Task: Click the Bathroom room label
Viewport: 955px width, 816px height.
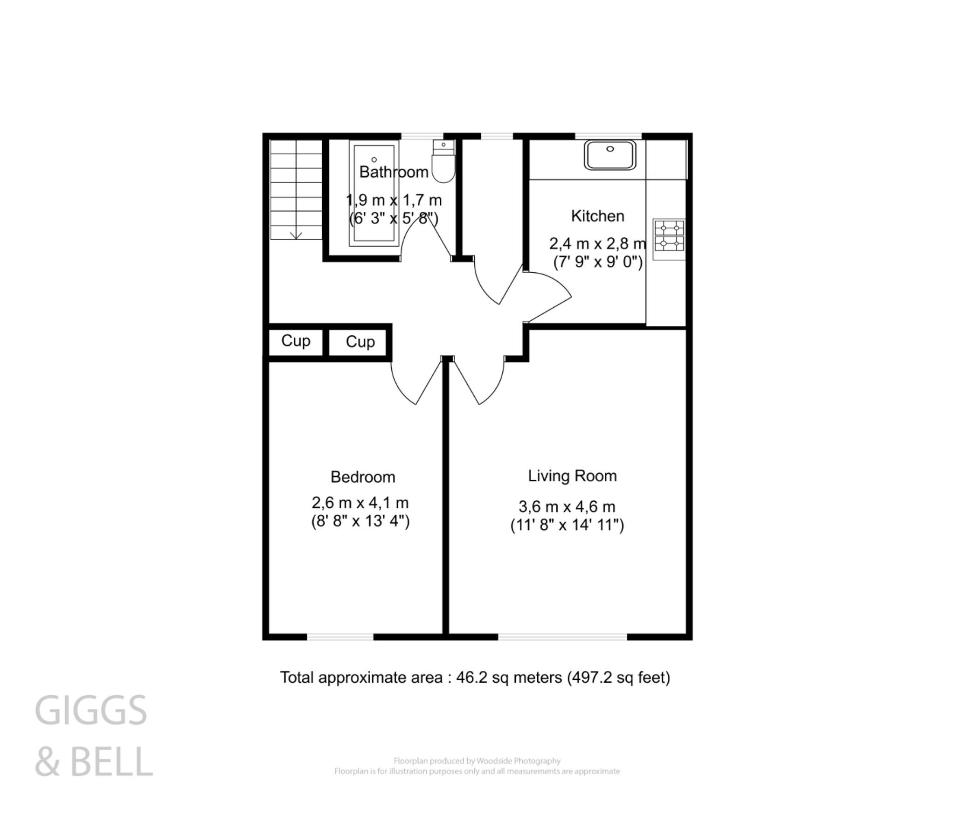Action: [x=394, y=172]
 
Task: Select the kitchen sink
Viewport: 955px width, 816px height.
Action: [x=610, y=155]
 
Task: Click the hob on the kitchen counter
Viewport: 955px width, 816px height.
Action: [x=669, y=236]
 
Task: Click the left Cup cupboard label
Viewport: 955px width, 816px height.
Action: [x=296, y=341]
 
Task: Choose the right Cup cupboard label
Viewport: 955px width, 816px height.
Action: [x=360, y=342]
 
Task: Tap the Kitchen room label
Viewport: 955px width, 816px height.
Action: [x=597, y=216]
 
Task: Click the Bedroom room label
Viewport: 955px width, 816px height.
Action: [x=363, y=477]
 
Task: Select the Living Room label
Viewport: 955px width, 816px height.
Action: [x=572, y=476]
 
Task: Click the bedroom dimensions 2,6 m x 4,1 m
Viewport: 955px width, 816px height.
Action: [x=360, y=503]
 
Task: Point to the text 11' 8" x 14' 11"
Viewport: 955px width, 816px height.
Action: [x=567, y=525]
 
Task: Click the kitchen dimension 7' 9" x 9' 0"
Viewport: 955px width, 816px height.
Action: [x=598, y=262]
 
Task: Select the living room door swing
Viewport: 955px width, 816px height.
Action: [x=490, y=387]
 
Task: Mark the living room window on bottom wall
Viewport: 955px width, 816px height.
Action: [x=562, y=636]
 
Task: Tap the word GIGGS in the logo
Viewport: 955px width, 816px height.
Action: [x=91, y=710]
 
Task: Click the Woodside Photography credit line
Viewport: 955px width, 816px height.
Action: [x=477, y=761]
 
